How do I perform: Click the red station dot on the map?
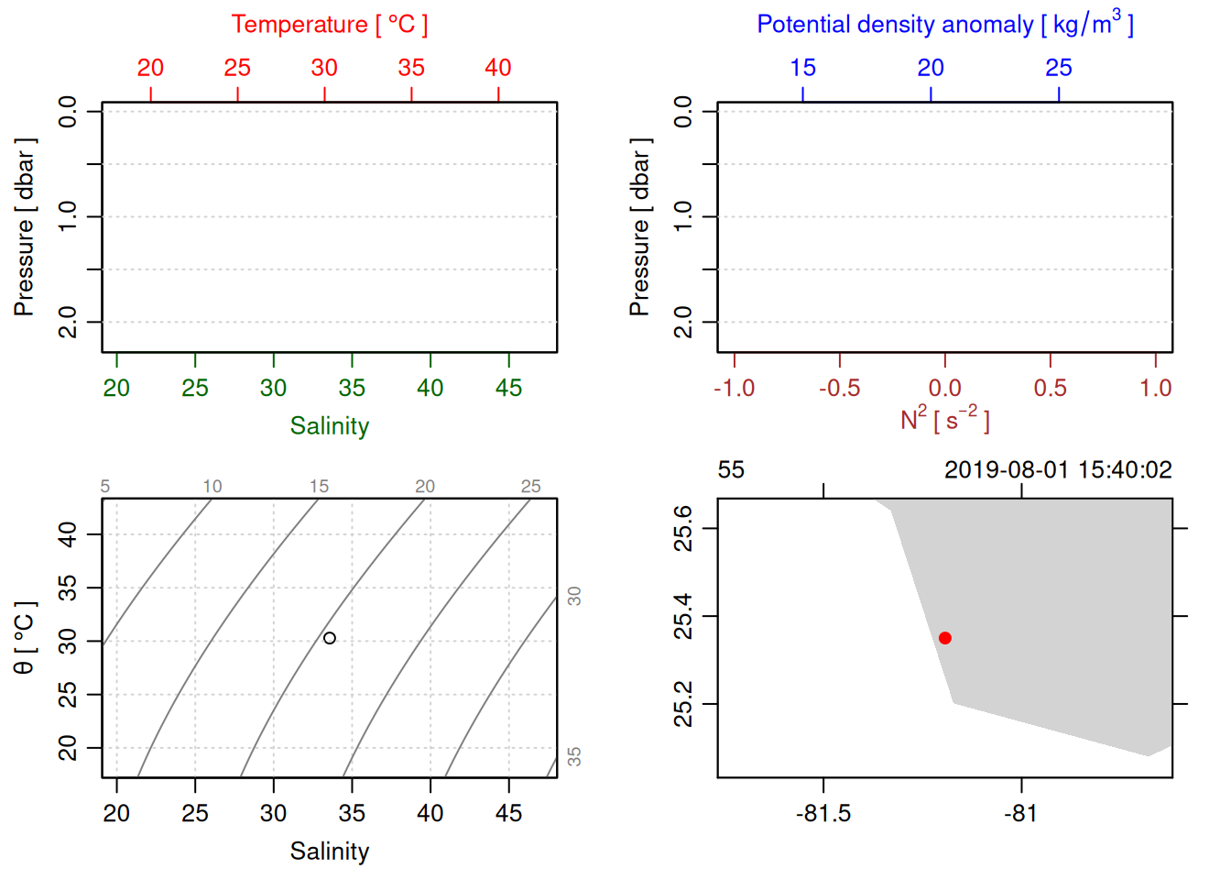pyautogui.click(x=944, y=638)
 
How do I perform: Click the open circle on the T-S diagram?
pyautogui.click(x=330, y=638)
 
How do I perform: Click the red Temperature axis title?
pyautogui.click(x=329, y=25)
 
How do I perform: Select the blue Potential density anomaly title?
pyautogui.click(x=944, y=24)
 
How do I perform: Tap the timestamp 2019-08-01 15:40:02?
pyautogui.click(x=1058, y=470)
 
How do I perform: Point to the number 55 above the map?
pyautogui.click(x=731, y=470)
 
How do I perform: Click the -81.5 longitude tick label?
pyautogui.click(x=822, y=813)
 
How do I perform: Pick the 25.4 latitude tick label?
pyautogui.click(x=683, y=616)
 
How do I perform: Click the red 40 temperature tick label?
pyautogui.click(x=498, y=68)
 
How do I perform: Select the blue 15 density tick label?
pyautogui.click(x=802, y=68)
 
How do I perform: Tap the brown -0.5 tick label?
pyautogui.click(x=839, y=388)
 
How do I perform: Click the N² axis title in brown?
pyautogui.click(x=944, y=420)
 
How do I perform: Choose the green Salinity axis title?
pyautogui.click(x=329, y=426)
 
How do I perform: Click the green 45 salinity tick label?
pyautogui.click(x=508, y=388)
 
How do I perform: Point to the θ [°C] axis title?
pyautogui.click(x=25, y=638)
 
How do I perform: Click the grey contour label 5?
pyautogui.click(x=105, y=487)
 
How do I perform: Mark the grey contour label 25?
pyautogui.click(x=531, y=487)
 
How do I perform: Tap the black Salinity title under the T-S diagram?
pyautogui.click(x=329, y=852)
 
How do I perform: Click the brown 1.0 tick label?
pyautogui.click(x=1155, y=388)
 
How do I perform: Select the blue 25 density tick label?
pyautogui.click(x=1058, y=68)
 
